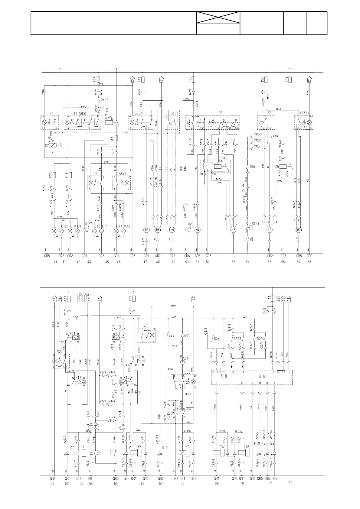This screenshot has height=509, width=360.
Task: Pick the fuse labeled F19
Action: [194, 79]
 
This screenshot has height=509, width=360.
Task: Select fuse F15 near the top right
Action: [290, 79]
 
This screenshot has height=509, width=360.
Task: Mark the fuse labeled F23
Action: [55, 175]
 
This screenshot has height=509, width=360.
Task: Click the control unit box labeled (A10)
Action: [251, 378]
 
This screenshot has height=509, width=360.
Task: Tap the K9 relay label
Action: [225, 158]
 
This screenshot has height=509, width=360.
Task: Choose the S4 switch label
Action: [221, 113]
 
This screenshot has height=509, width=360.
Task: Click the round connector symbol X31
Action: [182, 358]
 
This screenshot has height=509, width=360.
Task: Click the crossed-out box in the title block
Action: [218, 18]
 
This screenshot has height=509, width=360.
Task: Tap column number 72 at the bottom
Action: [291, 483]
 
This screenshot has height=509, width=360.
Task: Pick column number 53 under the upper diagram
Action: [233, 262]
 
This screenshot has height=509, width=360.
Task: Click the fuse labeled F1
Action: [273, 299]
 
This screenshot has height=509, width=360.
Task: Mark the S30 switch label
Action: [146, 326]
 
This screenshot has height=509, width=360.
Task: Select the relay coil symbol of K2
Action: [53, 145]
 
